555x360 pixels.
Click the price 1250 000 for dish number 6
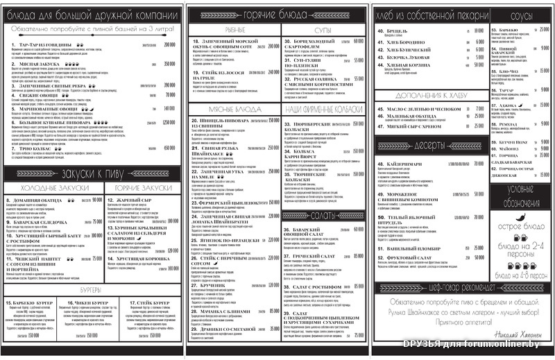(169, 122)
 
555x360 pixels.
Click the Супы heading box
(323, 30)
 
